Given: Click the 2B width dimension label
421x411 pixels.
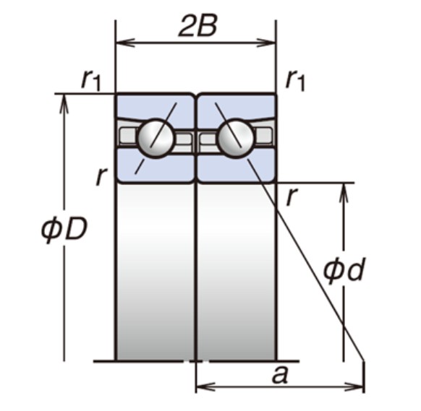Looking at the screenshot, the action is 197,26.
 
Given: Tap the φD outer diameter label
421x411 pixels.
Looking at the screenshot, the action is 64,228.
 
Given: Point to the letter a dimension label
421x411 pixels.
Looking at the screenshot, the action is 280,375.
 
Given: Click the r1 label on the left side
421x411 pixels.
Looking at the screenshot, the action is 90,80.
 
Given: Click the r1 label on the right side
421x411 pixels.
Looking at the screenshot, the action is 295,80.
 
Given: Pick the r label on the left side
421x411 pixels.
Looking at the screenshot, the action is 101,176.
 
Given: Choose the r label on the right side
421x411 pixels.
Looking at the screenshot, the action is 292,196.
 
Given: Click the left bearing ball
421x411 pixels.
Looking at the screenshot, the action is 156,138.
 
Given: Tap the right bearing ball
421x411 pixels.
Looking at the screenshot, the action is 236,138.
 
